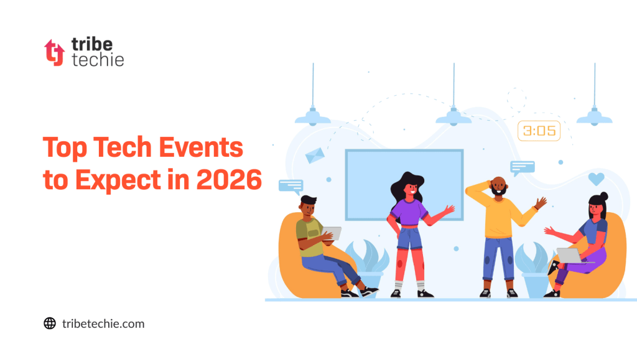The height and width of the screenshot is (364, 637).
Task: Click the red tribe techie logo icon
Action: click(54, 52)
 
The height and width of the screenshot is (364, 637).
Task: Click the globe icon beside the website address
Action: click(50, 323)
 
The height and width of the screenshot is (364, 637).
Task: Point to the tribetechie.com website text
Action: click(103, 324)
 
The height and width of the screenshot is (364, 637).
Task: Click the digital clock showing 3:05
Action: click(539, 131)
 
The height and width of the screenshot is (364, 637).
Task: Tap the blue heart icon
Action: click(596, 179)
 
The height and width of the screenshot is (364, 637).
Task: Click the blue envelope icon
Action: click(315, 155)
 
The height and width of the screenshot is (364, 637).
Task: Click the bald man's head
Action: click(498, 185)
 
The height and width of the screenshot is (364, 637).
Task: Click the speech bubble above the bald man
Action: click(522, 167)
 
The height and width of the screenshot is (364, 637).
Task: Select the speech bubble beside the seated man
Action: click(291, 185)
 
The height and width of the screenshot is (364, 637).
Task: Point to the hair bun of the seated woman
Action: click(604, 197)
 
